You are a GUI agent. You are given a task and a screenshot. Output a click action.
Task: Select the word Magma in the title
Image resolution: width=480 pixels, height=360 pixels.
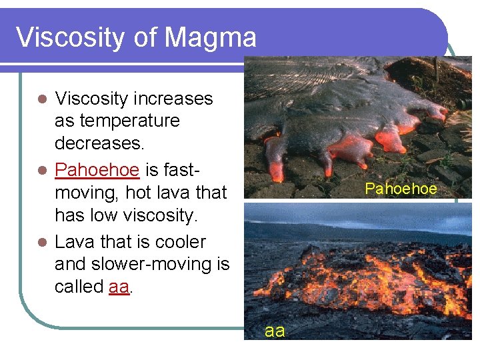tap(211, 37)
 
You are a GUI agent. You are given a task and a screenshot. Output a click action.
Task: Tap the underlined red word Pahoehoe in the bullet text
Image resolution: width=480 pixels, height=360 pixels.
tap(97, 170)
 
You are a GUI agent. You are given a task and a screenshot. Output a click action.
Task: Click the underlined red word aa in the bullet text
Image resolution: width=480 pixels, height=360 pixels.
tap(118, 287)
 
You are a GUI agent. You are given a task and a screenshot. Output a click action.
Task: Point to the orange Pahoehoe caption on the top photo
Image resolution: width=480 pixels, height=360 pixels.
tap(401, 189)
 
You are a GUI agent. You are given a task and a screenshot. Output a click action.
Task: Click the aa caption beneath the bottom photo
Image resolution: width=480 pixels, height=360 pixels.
tap(275, 331)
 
